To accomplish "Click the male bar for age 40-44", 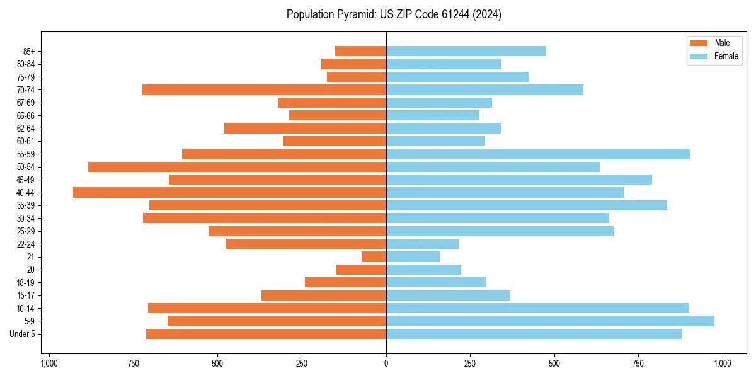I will coord(229,192).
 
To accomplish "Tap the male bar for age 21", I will coord(374,256).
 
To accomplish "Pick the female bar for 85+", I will coord(466,51).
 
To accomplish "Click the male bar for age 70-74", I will coord(264,89).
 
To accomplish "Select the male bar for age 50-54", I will coord(237,167).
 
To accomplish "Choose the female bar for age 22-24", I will coord(422,244).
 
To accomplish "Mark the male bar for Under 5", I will coord(266,334).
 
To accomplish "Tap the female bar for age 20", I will coord(423,270).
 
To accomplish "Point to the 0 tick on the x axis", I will coord(386,364).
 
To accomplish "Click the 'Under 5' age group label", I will coord(22,334).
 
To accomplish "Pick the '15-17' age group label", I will coord(26,295).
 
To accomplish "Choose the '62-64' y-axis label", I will coord(26,129).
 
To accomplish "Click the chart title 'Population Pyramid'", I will coord(331,14).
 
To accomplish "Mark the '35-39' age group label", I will coord(26,205).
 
